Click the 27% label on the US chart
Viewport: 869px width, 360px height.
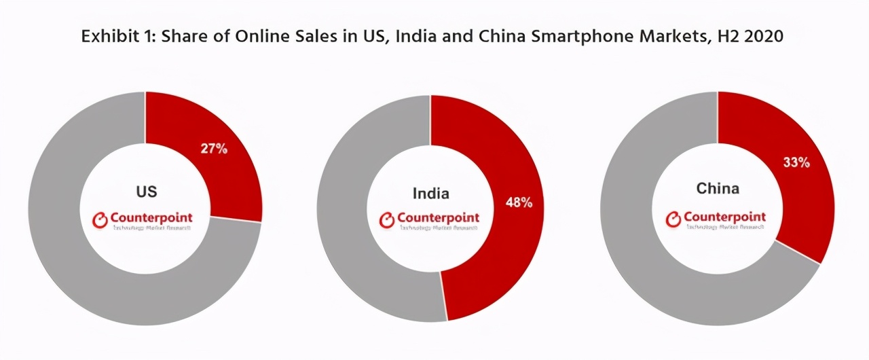(214, 148)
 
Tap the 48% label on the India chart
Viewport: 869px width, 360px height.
(519, 202)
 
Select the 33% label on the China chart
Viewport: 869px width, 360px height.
(796, 162)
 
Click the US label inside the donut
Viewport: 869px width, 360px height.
(147, 192)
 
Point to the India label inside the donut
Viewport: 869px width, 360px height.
(431, 194)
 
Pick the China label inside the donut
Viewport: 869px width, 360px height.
(718, 188)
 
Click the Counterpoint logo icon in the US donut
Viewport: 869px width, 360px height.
(99, 219)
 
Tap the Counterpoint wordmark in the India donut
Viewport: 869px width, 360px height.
(438, 218)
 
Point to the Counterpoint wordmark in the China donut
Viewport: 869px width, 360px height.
(724, 217)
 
